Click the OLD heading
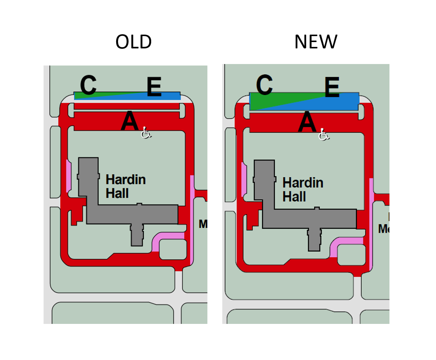coord(134,42)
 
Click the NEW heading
coord(316,42)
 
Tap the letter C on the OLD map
coord(88,85)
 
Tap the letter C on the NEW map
coord(264,85)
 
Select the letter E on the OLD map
coord(154,88)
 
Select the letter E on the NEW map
coord(332,88)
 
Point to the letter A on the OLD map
coord(129,121)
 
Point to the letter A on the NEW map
coord(307,122)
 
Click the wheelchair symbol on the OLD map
coord(146,133)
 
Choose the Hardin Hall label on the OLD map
coord(125,187)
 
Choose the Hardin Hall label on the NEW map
coord(302,189)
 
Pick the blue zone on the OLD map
coord(164,96)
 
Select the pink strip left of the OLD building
coord(69,176)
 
